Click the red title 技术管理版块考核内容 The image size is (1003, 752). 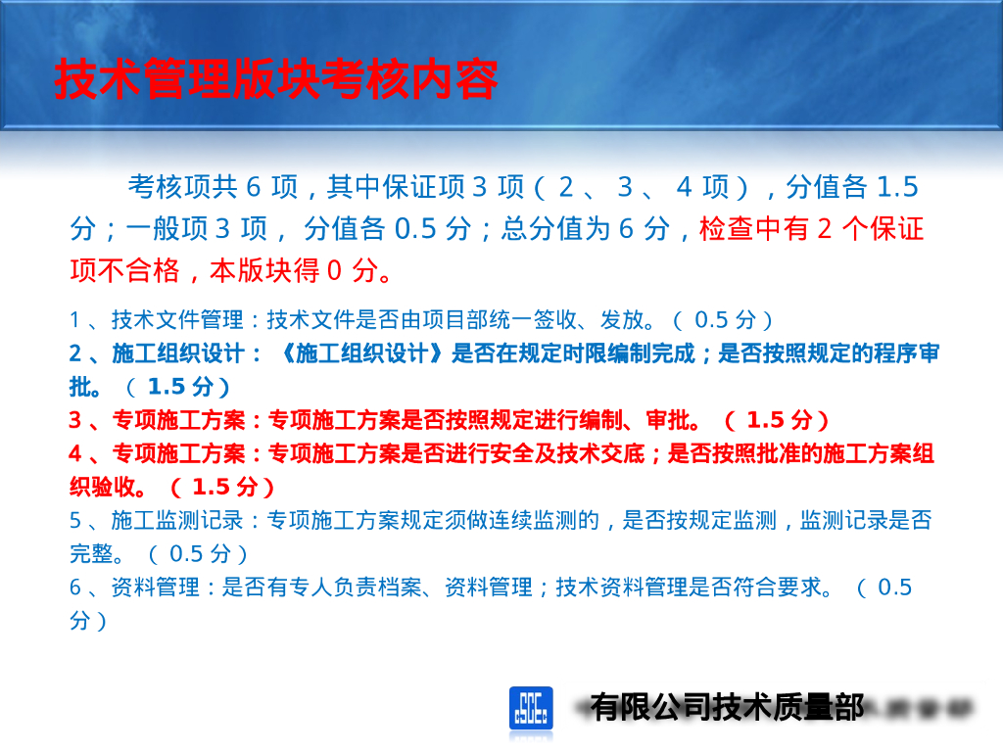point(276,80)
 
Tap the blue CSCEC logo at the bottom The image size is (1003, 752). point(531,708)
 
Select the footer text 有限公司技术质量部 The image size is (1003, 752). point(727,707)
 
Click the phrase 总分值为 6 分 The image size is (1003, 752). point(586,229)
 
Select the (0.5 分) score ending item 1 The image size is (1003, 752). point(725,320)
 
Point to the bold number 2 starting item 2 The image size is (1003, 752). point(75,353)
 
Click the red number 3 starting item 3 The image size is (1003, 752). point(75,421)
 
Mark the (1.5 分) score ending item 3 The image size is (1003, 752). point(777,421)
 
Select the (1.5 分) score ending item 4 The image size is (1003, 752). point(222,487)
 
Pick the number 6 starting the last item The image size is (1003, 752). point(75,587)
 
